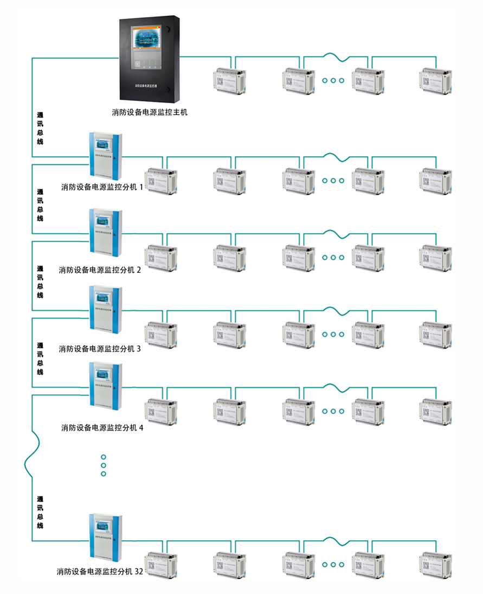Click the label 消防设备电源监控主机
coord(150,112)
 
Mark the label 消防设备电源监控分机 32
coord(100,572)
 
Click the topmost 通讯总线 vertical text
coord(40,128)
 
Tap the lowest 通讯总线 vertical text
coord(40,512)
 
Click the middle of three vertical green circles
coord(103,465)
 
